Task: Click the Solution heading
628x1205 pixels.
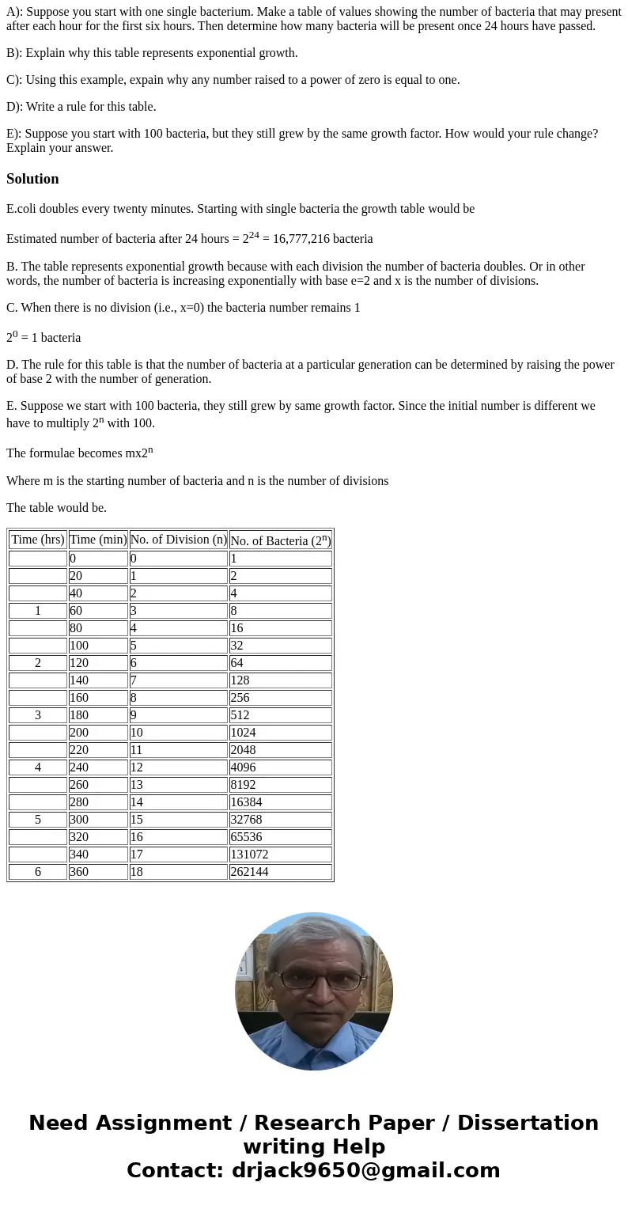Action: tap(32, 179)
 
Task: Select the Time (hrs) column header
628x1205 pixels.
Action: tap(38, 540)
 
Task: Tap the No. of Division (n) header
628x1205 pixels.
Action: tap(178, 540)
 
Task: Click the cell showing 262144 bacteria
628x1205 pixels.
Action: tap(280, 872)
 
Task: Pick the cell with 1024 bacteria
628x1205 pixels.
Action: tap(280, 733)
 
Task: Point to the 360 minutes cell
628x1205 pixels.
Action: tap(98, 872)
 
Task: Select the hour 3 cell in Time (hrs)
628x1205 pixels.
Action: tap(38, 715)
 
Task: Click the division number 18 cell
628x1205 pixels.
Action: tap(178, 872)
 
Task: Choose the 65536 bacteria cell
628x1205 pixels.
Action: tap(280, 837)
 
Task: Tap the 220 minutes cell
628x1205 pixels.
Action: tap(98, 750)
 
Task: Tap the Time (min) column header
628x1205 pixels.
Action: tap(98, 540)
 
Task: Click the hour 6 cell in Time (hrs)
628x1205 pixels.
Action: tap(38, 872)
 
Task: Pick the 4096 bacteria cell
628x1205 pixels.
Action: tap(280, 767)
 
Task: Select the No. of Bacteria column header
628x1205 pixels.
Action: tap(280, 540)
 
